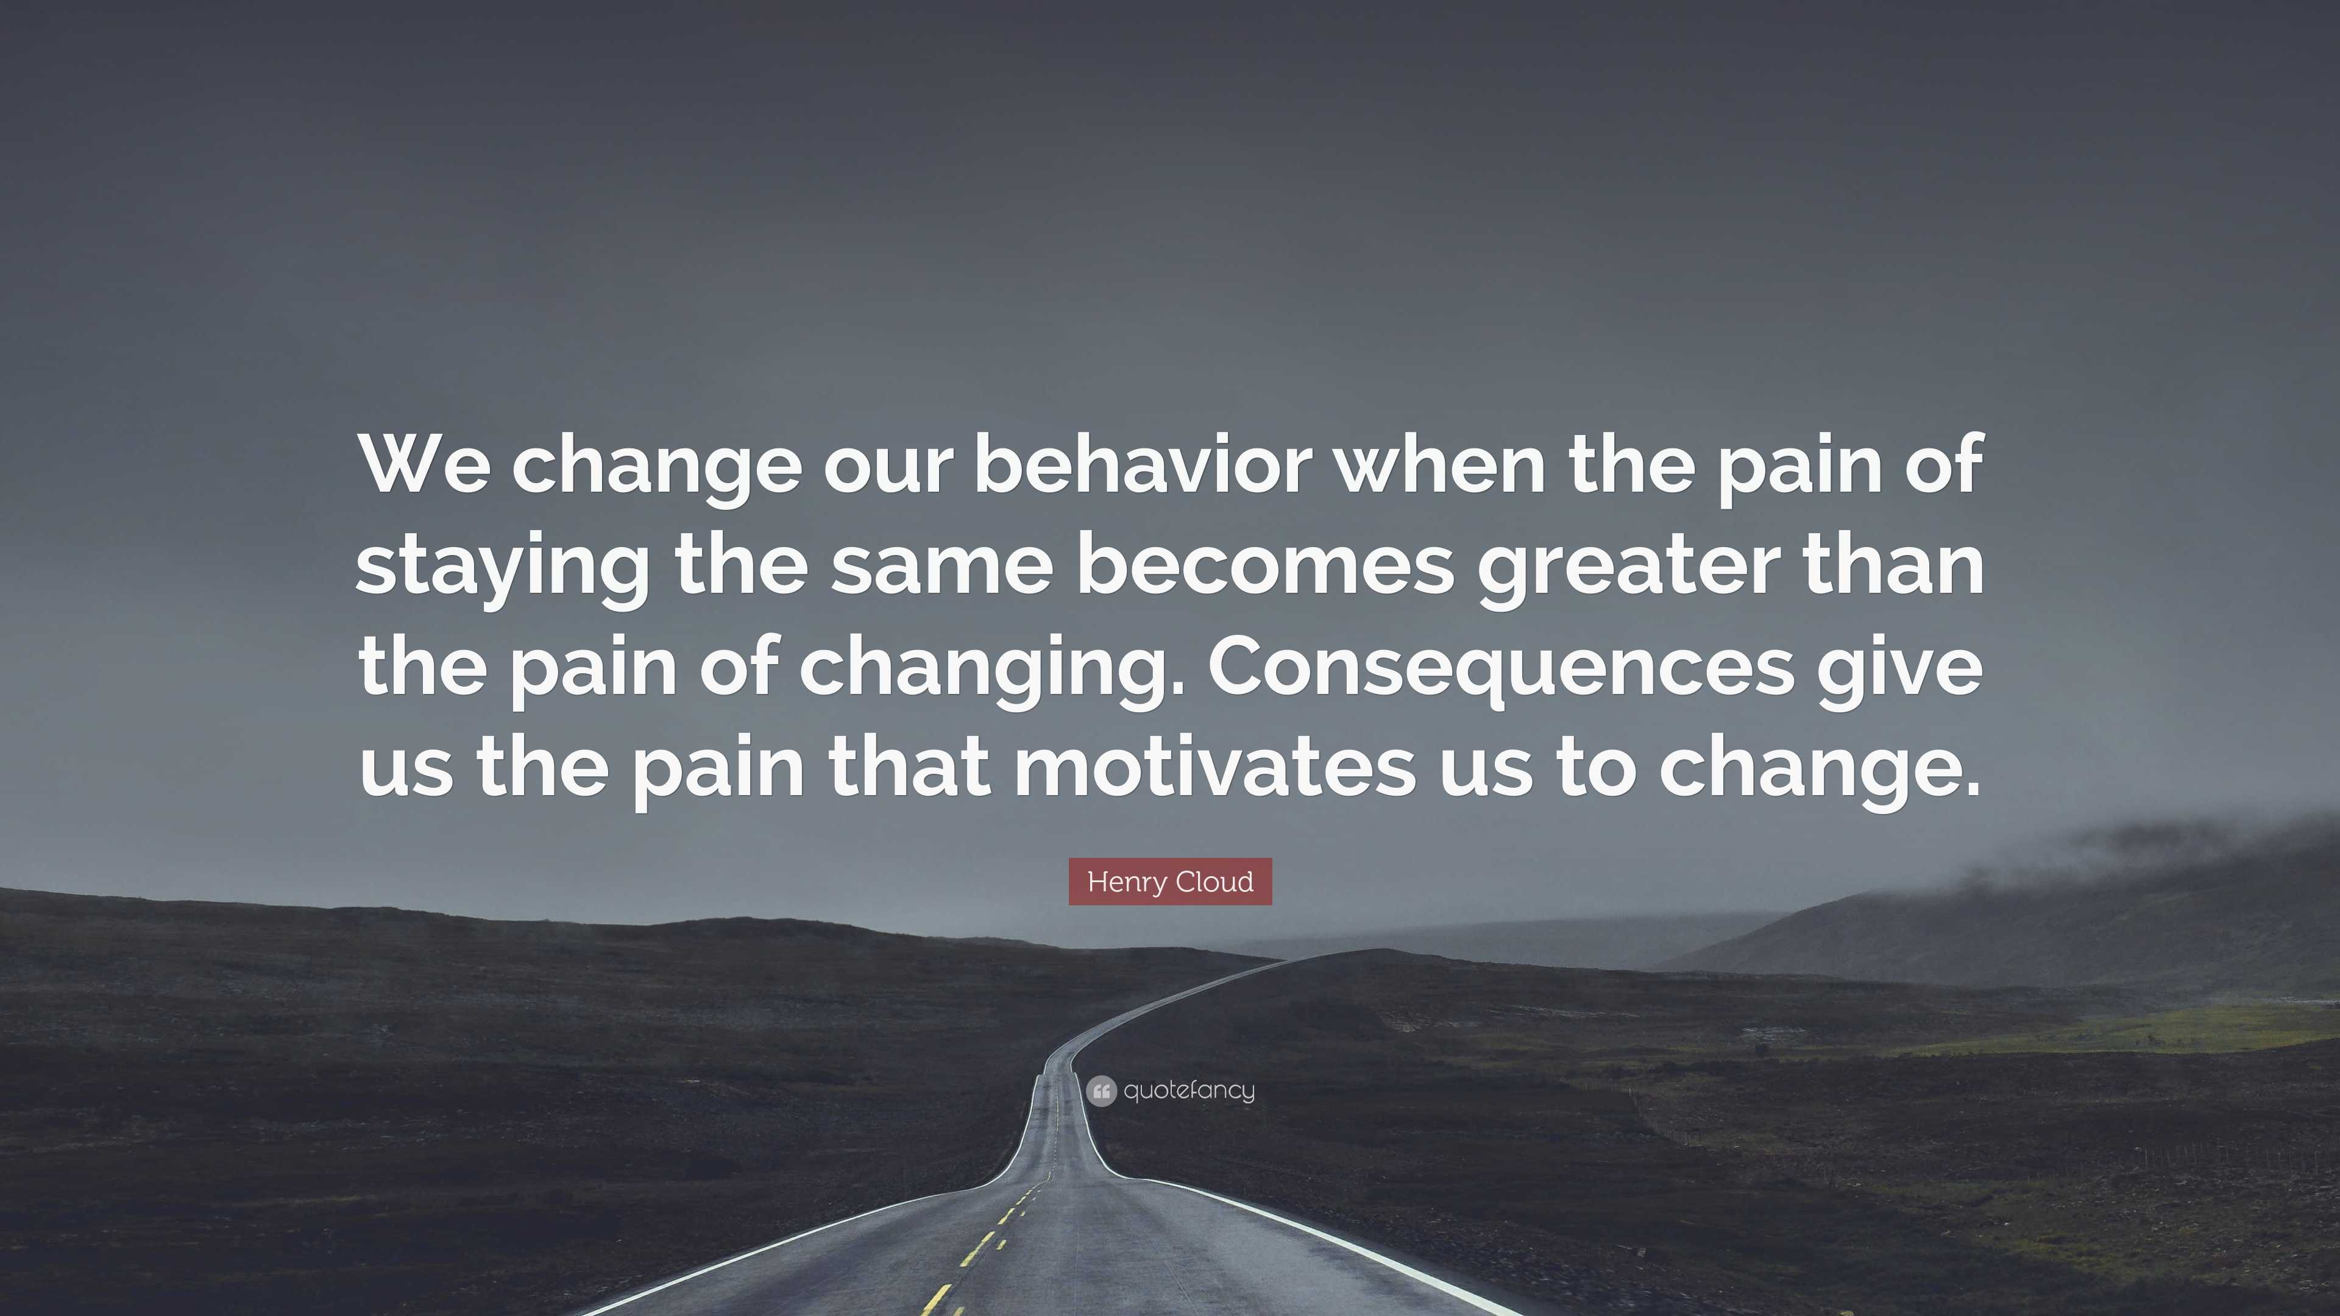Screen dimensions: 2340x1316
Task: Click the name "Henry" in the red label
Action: click(1126, 882)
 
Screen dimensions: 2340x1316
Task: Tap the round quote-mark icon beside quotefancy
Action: click(1101, 1091)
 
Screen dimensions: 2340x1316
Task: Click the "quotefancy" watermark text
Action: click(1189, 1090)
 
